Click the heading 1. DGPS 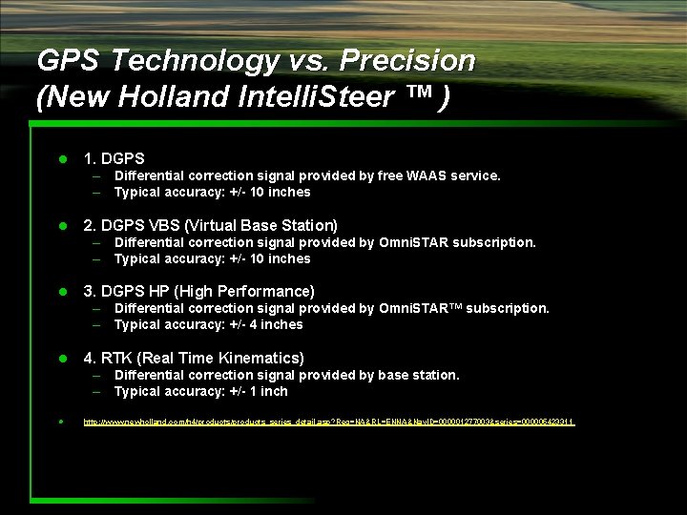point(114,158)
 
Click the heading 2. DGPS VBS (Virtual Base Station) point(210,225)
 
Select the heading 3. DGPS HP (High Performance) point(198,291)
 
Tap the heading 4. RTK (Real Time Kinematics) point(194,358)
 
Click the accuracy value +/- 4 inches point(264,324)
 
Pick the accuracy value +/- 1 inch point(258,391)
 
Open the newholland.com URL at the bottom point(329,421)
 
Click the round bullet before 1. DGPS point(62,159)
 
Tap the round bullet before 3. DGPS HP point(62,292)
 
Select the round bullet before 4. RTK point(62,359)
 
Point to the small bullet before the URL point(61,421)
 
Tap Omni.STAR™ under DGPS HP point(420,308)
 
